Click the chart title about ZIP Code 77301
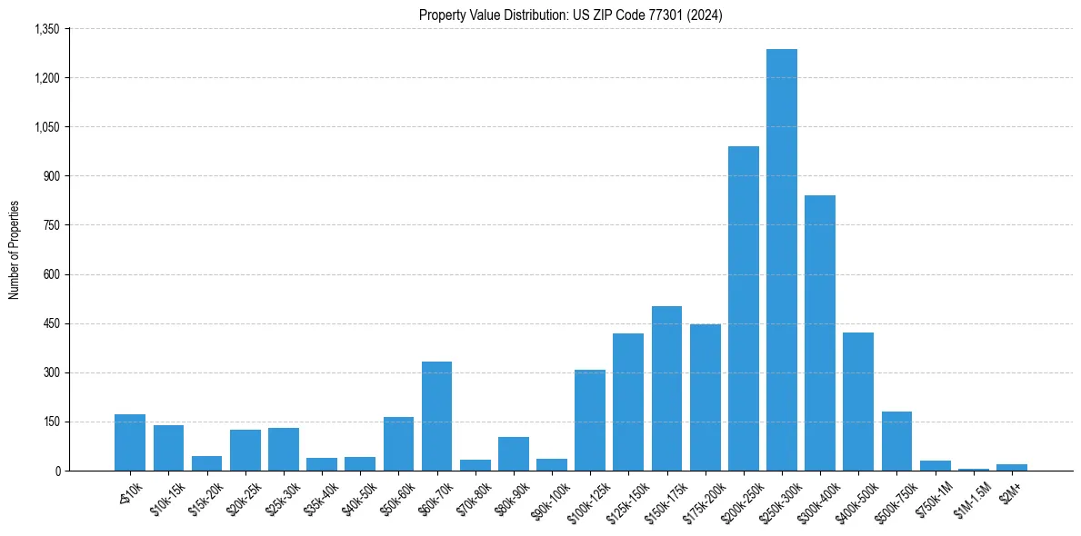[x=570, y=15]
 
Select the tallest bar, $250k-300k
[x=782, y=260]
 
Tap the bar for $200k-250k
[x=744, y=309]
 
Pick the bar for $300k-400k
[x=820, y=333]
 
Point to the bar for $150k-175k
[x=666, y=389]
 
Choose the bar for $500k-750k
[x=896, y=442]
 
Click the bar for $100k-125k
[x=590, y=421]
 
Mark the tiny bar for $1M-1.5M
[x=974, y=469]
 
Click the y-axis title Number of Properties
[x=15, y=250]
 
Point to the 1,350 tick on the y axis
[x=46, y=29]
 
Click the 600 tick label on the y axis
[x=51, y=274]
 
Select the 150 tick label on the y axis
[x=51, y=422]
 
